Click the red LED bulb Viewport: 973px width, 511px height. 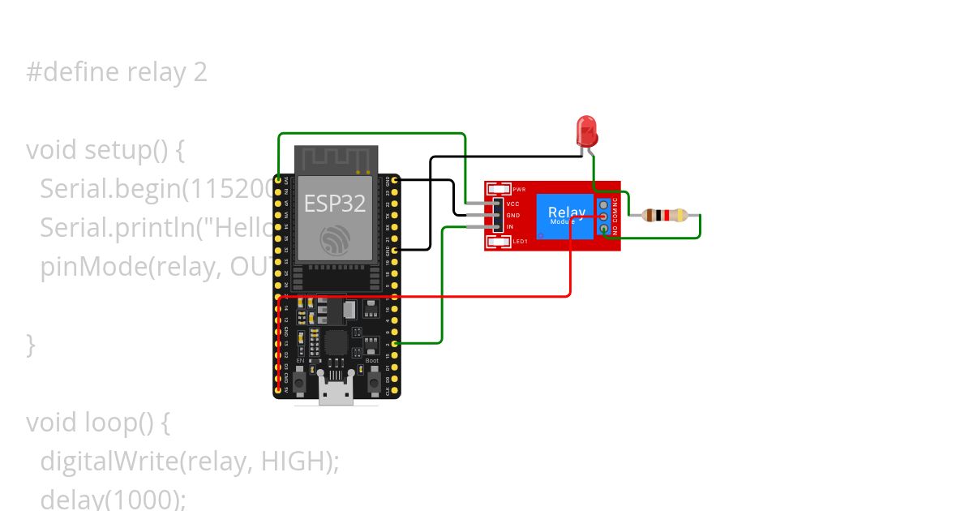coord(585,129)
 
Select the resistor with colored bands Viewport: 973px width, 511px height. coord(664,216)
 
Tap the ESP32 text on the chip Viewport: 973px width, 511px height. coord(335,203)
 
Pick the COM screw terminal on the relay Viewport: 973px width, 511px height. coord(603,217)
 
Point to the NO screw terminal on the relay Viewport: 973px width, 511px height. coord(603,230)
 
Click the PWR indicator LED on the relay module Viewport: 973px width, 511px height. coord(496,189)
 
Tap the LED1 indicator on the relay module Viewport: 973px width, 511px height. coord(496,241)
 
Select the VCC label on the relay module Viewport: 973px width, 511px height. coord(512,204)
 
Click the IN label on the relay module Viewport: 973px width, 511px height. coord(510,227)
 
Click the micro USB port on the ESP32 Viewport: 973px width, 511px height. coord(335,395)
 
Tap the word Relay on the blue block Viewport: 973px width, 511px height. coord(566,213)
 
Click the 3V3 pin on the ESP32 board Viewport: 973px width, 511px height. coord(278,179)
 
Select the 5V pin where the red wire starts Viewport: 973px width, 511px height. coord(278,390)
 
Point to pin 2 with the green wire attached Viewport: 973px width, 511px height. coord(394,344)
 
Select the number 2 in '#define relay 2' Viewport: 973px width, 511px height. coord(200,72)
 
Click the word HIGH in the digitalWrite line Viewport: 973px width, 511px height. coord(294,461)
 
